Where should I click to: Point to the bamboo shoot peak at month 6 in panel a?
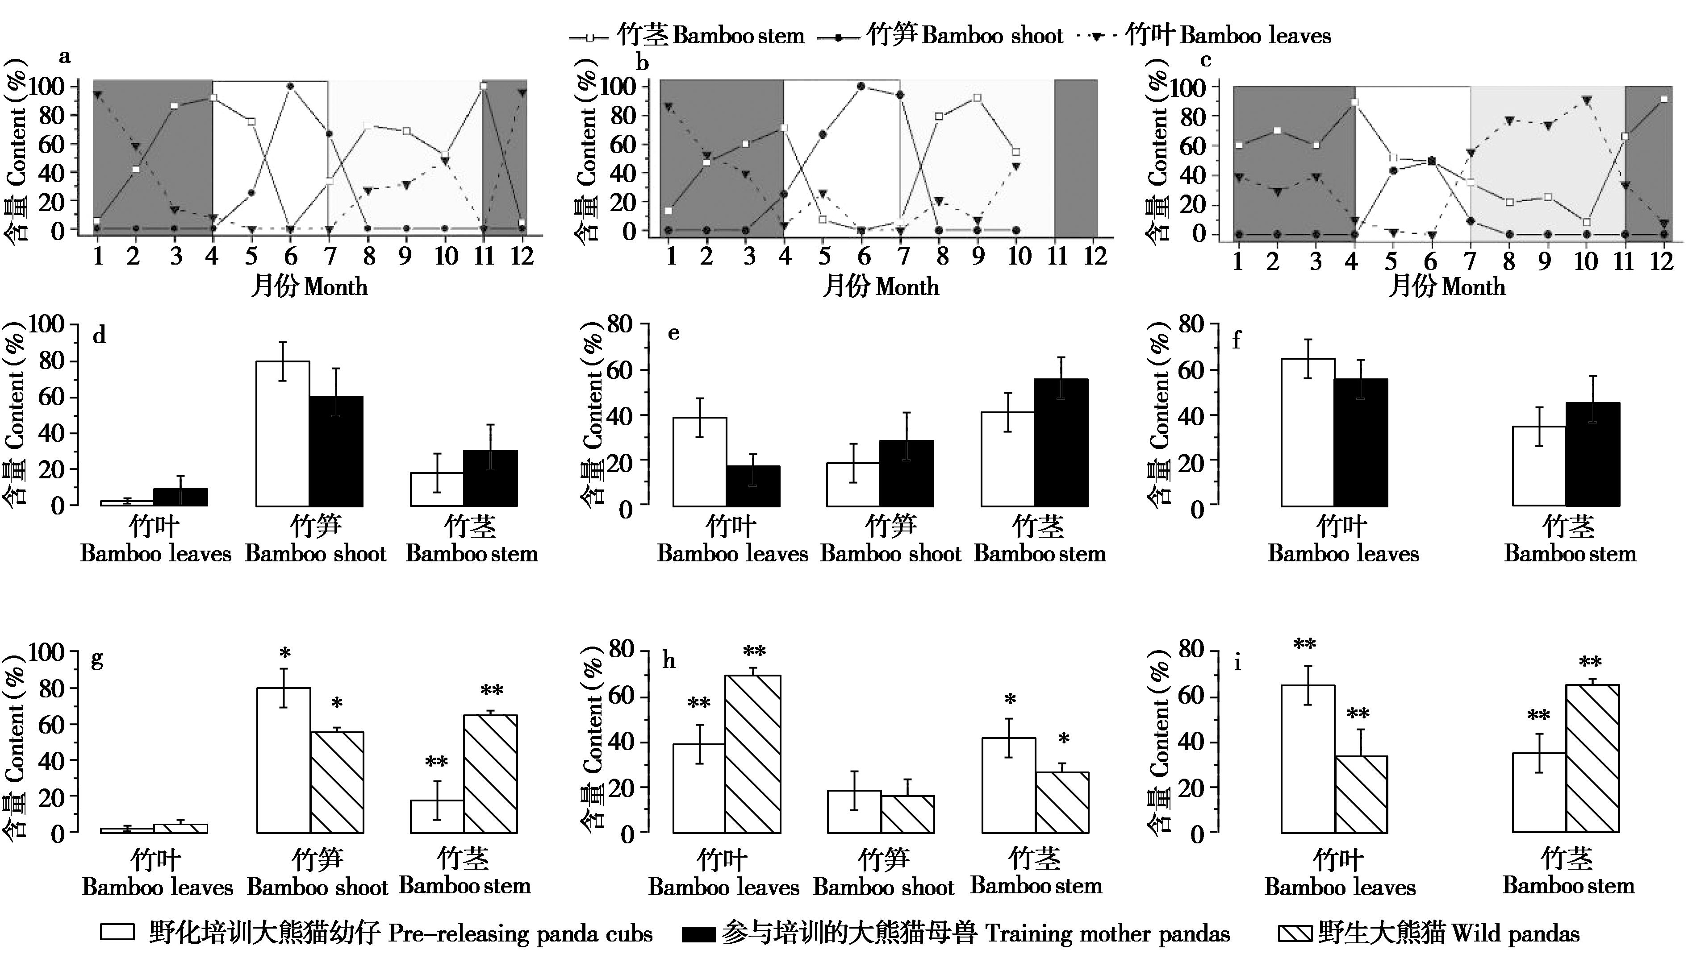[x=290, y=86]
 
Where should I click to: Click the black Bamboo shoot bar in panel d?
[x=336, y=452]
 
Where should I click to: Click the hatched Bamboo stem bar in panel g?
[x=490, y=774]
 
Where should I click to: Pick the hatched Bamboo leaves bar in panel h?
[x=752, y=754]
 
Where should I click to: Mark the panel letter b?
[x=643, y=63]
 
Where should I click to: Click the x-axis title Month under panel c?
[x=1447, y=287]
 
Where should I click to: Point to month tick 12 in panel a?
[x=522, y=256]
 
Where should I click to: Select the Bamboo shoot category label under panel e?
[x=890, y=540]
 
